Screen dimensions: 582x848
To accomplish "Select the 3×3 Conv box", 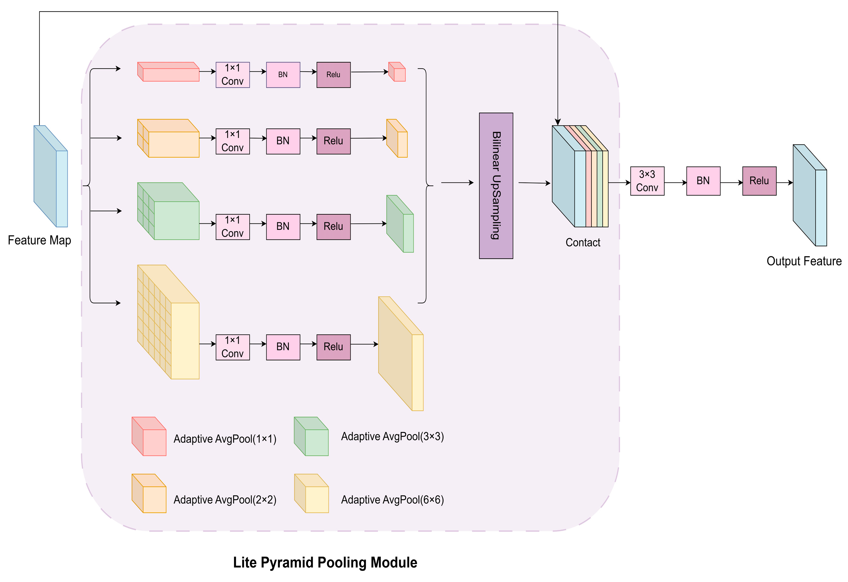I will pyautogui.click(x=647, y=181).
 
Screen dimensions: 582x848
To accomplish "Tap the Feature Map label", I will pyautogui.click(x=39, y=240).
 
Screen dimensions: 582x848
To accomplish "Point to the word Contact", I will pyautogui.click(x=582, y=242).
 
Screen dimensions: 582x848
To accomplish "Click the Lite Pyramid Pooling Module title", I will pyautogui.click(x=325, y=562).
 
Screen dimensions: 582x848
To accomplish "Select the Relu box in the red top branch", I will pyautogui.click(x=333, y=75).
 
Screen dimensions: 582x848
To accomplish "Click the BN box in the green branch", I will pyautogui.click(x=283, y=226).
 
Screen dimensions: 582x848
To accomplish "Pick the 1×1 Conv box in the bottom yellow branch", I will pyautogui.click(x=233, y=347).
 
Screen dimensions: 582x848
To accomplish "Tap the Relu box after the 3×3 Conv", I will pyautogui.click(x=759, y=181).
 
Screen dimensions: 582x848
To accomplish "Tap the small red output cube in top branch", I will pyautogui.click(x=397, y=72).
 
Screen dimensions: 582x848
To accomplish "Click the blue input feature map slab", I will pyautogui.click(x=50, y=176).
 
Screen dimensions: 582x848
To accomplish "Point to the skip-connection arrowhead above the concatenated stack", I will pyautogui.click(x=557, y=122).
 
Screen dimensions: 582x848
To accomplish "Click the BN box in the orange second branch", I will pyautogui.click(x=283, y=141).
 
